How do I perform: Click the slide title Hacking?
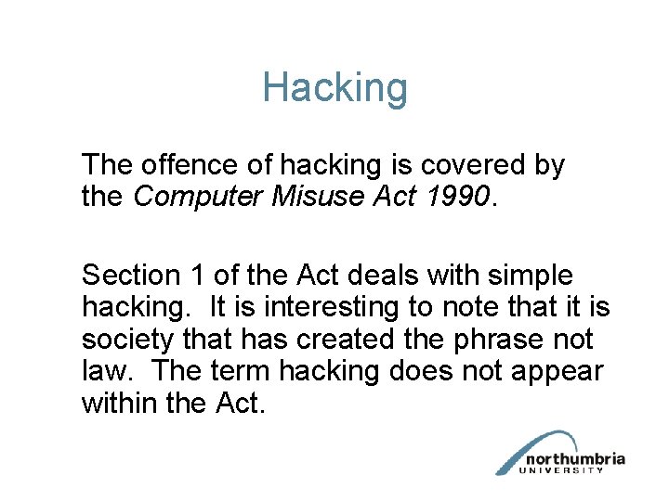click(x=334, y=88)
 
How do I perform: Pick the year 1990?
click(x=460, y=198)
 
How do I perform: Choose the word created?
click(x=348, y=340)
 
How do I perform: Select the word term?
click(x=240, y=372)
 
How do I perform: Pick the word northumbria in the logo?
click(x=575, y=459)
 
